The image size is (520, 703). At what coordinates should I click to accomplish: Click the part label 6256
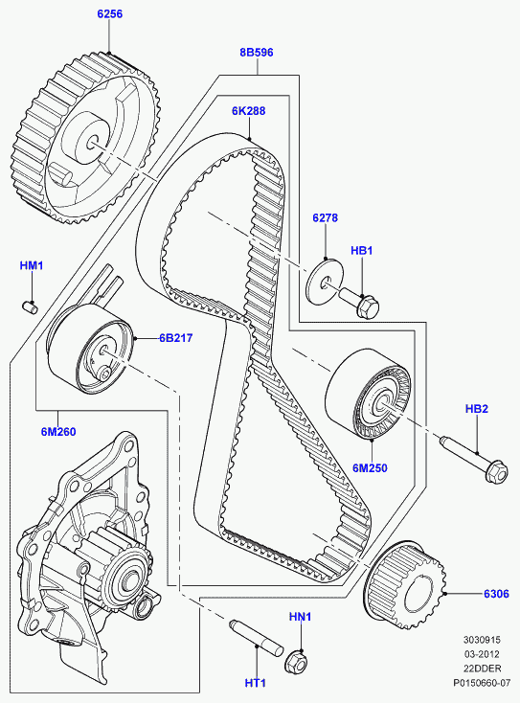pos(110,14)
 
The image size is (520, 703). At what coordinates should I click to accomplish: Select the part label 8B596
pos(257,53)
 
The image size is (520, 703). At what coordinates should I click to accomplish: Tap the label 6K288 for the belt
pos(248,111)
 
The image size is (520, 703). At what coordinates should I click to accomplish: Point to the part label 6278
pos(325,218)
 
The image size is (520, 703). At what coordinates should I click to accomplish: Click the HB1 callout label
pos(361,251)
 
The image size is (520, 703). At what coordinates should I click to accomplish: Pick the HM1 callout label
pos(32,266)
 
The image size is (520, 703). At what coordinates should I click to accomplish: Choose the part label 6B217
pos(175,338)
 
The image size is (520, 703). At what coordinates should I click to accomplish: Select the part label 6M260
pos(58,432)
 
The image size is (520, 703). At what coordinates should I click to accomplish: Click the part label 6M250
pos(370,468)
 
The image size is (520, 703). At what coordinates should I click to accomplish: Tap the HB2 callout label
pos(477,409)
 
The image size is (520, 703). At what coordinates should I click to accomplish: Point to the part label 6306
pos(496,594)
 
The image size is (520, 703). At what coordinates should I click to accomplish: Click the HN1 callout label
pos(300,617)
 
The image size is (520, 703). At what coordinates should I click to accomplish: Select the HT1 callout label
pos(256,683)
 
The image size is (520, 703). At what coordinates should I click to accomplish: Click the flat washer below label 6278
pos(325,282)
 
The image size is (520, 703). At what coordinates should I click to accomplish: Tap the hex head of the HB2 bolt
pos(496,471)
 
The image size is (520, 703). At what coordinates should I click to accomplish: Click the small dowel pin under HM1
pos(30,306)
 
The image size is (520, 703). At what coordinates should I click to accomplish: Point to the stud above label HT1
pos(256,636)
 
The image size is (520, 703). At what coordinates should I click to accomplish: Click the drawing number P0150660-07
pos(482,683)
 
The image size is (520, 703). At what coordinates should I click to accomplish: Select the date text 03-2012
pos(482,654)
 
